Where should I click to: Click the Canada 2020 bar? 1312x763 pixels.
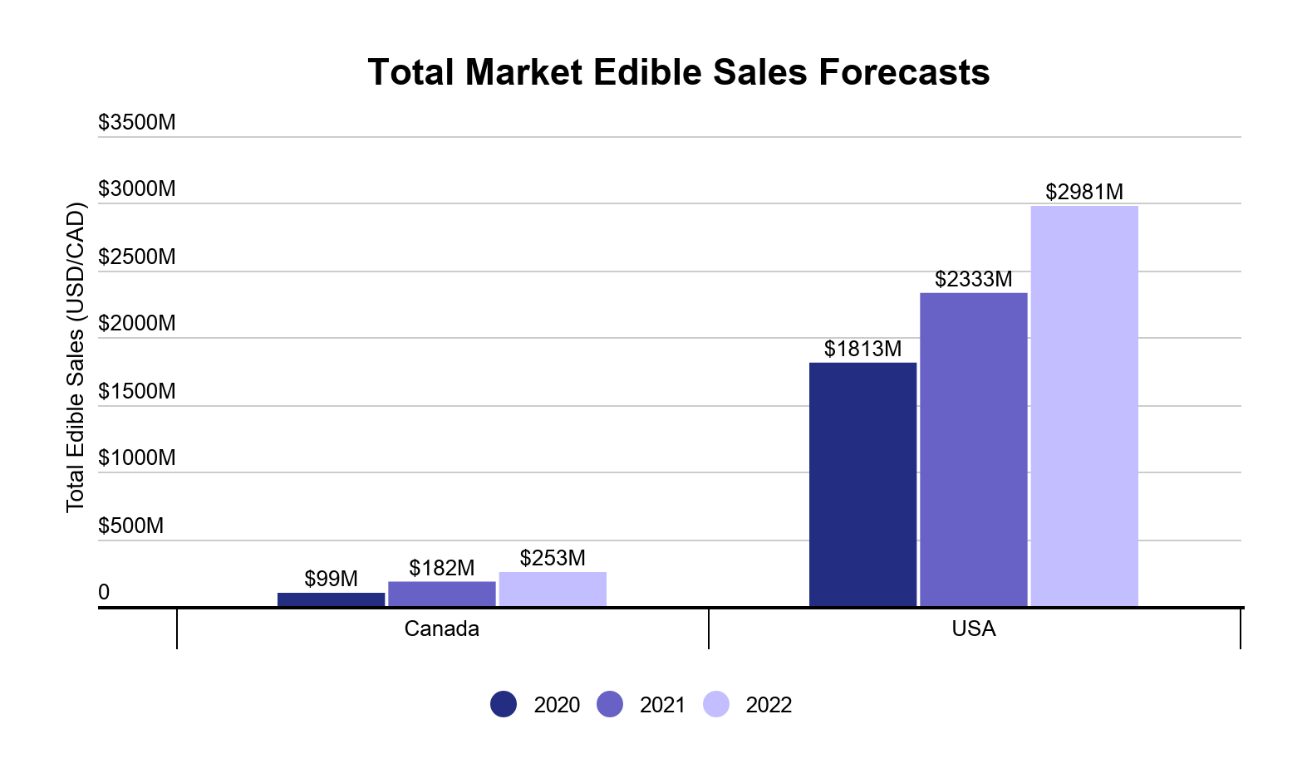(331, 599)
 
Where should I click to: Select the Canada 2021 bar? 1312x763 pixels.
(441, 594)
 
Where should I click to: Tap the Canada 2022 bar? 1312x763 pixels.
(553, 589)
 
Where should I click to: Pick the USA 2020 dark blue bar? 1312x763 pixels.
(862, 485)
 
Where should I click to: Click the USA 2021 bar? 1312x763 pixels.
(973, 450)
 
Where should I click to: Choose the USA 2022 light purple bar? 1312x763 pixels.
(1084, 407)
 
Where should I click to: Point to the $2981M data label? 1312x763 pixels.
(1084, 192)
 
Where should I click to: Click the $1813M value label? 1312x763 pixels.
(862, 349)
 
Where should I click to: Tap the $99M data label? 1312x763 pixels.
(331, 579)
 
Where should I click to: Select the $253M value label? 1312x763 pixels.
(553, 558)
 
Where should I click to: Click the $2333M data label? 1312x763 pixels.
(973, 279)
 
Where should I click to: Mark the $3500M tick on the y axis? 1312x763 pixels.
(137, 122)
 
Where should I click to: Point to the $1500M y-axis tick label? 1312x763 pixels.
(137, 391)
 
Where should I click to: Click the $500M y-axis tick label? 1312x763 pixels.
(131, 526)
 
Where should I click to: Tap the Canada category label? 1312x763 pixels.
(441, 628)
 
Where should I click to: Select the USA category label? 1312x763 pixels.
(973, 628)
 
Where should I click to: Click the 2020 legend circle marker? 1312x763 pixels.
(504, 704)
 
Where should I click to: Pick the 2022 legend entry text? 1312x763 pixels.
(769, 705)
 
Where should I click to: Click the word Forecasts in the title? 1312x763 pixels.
(904, 72)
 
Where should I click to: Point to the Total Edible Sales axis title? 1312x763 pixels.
(76, 357)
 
